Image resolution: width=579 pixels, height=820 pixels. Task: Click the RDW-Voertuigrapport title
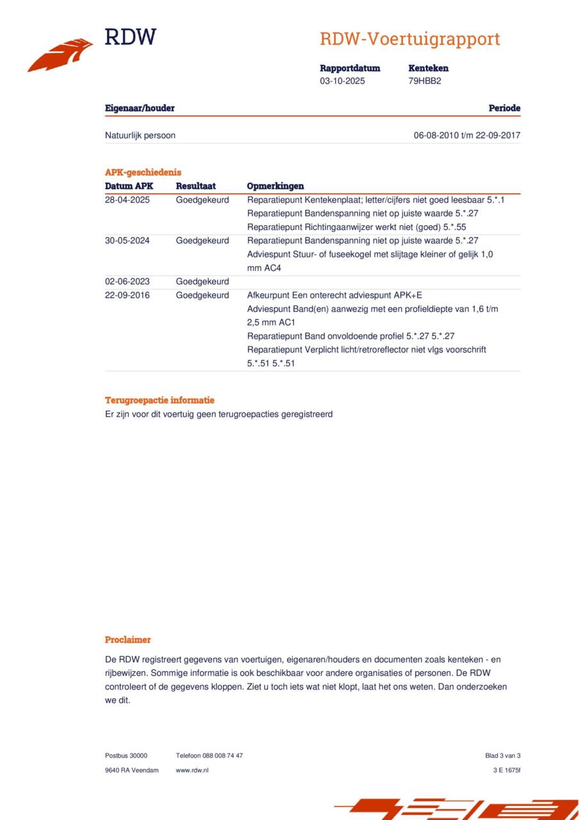[x=409, y=39]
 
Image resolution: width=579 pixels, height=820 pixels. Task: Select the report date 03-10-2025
[x=342, y=81]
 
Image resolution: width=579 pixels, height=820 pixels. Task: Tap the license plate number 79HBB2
[x=425, y=81]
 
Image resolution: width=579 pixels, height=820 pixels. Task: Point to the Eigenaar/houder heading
[x=140, y=108]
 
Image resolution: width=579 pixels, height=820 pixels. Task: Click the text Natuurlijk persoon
[x=140, y=136]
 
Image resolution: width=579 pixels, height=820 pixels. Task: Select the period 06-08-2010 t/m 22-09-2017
[x=467, y=136]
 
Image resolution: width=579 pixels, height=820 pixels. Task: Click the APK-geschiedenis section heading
[x=143, y=172]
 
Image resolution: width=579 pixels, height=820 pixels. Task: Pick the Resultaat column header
[x=195, y=186]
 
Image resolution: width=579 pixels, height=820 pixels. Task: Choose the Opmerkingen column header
[x=275, y=186]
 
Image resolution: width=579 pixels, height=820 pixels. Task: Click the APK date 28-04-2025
[x=127, y=200]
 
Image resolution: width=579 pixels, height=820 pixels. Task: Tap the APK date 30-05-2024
[x=127, y=241]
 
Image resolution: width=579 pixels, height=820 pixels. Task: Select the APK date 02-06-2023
[x=127, y=282]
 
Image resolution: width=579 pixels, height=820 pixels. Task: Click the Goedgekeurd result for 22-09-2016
[x=202, y=295]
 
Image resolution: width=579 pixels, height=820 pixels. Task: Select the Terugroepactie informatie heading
[x=159, y=400]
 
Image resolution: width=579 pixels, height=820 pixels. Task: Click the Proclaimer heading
[x=128, y=640]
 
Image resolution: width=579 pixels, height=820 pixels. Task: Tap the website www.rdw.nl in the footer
[x=192, y=770]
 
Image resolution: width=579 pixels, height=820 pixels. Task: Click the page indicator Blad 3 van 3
[x=503, y=756]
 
